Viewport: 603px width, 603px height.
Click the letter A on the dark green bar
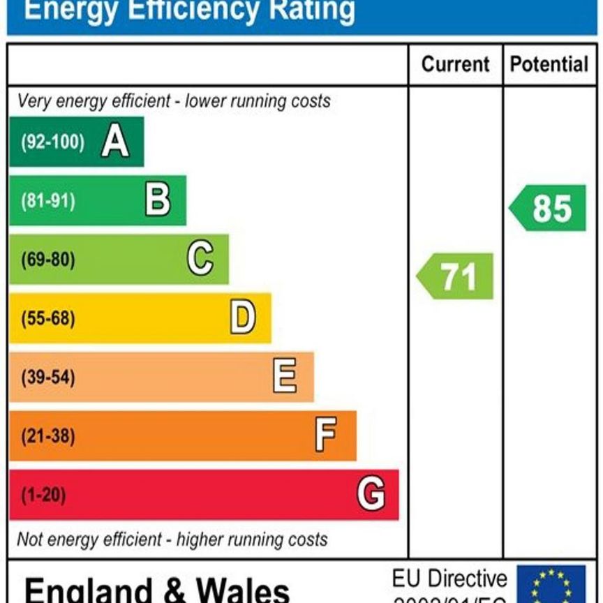(115, 142)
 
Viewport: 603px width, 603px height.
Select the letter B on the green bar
(158, 201)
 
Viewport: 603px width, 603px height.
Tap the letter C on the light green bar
(200, 260)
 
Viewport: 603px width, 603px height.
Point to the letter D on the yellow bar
(242, 318)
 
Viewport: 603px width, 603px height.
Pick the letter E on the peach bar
(284, 377)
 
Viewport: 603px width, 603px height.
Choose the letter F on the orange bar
(325, 435)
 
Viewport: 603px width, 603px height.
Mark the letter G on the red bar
(371, 494)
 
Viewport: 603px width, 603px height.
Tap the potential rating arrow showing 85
(549, 208)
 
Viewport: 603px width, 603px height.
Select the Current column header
(455, 65)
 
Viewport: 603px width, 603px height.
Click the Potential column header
(549, 65)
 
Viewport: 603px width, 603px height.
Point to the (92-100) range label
(52, 142)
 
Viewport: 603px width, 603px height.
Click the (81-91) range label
(47, 201)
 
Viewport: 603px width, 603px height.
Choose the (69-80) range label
(47, 260)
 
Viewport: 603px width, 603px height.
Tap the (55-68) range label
(47, 318)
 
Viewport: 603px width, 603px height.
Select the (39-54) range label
(47, 377)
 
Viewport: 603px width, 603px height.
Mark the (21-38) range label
(47, 435)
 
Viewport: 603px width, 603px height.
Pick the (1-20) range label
(43, 494)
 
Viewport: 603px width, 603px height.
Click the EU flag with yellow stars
(551, 585)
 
